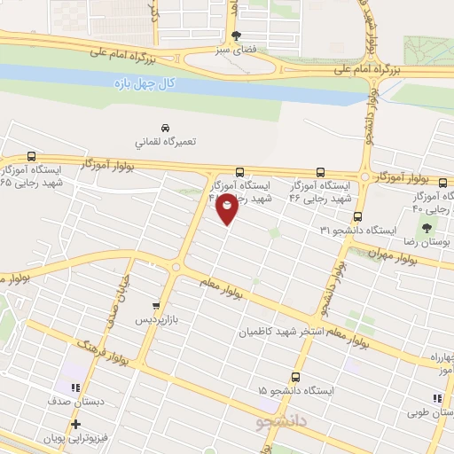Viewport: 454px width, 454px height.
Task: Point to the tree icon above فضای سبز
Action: (236, 36)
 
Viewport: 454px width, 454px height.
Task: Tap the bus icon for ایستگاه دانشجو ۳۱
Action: (357, 216)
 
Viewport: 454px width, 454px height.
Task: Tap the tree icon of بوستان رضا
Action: (439, 228)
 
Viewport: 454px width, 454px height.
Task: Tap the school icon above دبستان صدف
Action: (74, 387)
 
